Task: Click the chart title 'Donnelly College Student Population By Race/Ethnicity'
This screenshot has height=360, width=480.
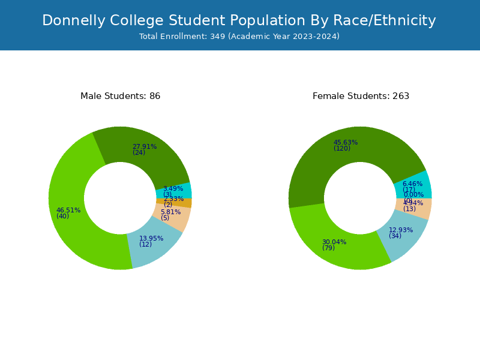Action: point(239,21)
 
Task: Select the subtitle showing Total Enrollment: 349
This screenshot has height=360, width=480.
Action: point(239,37)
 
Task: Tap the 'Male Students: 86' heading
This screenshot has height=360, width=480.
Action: point(120,96)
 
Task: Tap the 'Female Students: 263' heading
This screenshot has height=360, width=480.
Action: point(361,96)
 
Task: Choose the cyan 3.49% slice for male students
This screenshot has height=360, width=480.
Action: point(183,191)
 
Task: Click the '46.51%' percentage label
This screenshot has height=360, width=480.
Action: point(68,210)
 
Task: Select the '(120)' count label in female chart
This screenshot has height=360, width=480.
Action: point(342,148)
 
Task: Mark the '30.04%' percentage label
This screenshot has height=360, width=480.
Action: point(334,242)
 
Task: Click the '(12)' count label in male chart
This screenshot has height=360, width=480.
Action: point(145,244)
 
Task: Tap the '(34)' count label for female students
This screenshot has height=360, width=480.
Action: point(395,236)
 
